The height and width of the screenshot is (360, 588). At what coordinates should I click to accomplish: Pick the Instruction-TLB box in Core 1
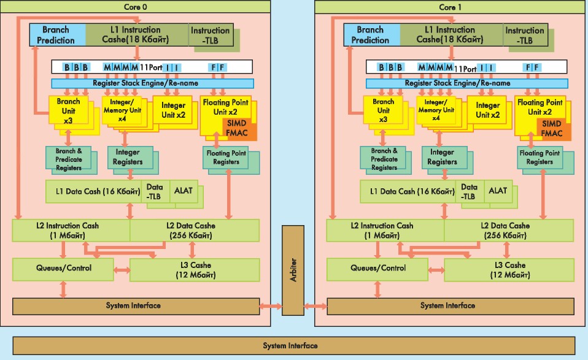click(524, 35)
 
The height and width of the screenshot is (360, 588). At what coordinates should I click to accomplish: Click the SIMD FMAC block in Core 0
click(239, 128)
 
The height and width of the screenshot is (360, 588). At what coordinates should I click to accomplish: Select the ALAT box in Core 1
click(498, 191)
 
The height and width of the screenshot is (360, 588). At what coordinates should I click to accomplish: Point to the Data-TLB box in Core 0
click(155, 193)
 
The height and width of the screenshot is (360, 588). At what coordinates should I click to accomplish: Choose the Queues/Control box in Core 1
click(377, 268)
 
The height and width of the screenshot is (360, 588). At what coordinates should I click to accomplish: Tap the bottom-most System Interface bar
click(290, 345)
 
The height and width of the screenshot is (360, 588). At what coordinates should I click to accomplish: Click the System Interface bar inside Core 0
click(133, 305)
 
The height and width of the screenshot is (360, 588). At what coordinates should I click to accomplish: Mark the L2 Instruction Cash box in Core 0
click(71, 230)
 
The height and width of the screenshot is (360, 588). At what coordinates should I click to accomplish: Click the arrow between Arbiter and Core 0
click(270, 305)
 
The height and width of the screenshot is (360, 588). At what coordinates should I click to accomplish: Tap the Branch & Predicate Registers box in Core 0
click(69, 159)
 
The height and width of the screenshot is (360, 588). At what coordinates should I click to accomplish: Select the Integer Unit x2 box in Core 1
click(487, 110)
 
